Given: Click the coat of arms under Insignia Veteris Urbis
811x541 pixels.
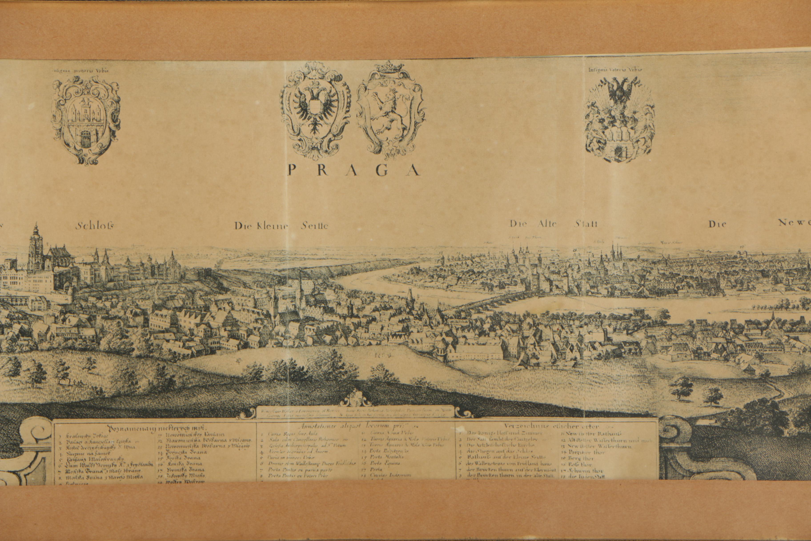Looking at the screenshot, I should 620,119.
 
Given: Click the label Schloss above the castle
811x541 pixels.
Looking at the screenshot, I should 94,226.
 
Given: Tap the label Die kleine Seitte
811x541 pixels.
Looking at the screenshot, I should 281,226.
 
